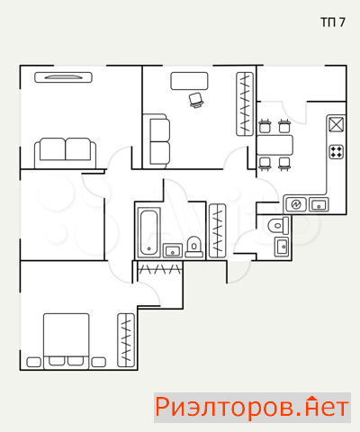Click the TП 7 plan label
pyautogui.click(x=333, y=22)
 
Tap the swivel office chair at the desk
pyautogui.click(x=196, y=100)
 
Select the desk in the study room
pyautogui.click(x=189, y=81)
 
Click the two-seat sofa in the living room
pyautogui.click(x=66, y=153)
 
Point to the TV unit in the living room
pyautogui.click(x=63, y=77)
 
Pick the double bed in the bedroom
pyautogui.click(x=67, y=341)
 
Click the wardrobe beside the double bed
pyautogui.click(x=126, y=340)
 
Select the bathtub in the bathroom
pyautogui.click(x=149, y=232)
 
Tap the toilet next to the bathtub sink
pyautogui.click(x=194, y=247)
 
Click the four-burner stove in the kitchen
pyautogui.click(x=337, y=151)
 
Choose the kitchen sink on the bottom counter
pyautogui.click(x=319, y=204)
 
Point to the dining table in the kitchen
pyautogui.click(x=274, y=145)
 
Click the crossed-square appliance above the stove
pyautogui.click(x=337, y=124)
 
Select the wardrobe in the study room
pyautogui.click(x=245, y=103)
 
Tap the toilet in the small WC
pyautogui.click(x=278, y=226)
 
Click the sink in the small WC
pyautogui.click(x=282, y=247)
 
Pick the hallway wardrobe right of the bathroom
pyautogui.click(x=218, y=230)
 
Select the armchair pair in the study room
pyautogui.click(x=157, y=141)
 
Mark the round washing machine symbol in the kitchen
pyautogui.click(x=296, y=204)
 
